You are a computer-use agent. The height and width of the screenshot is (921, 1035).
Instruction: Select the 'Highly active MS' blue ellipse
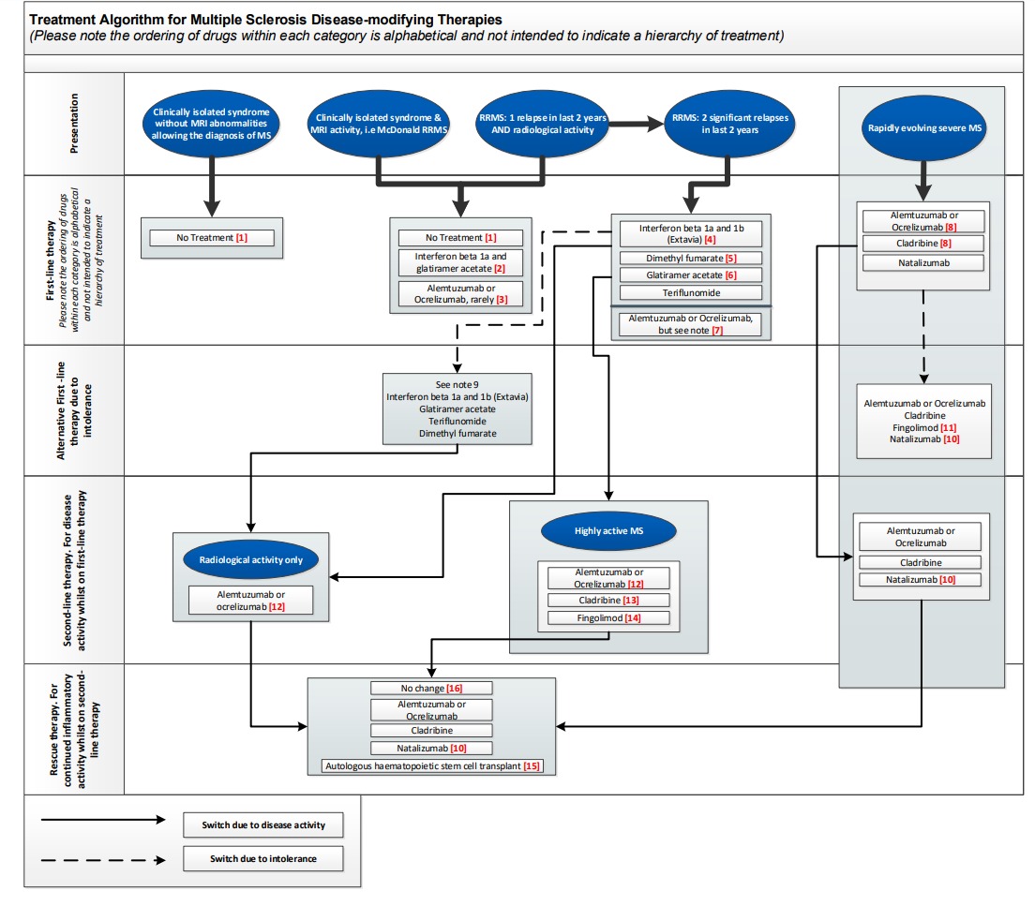pyautogui.click(x=608, y=531)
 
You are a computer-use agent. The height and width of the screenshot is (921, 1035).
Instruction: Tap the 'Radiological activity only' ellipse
pyautogui.click(x=250, y=559)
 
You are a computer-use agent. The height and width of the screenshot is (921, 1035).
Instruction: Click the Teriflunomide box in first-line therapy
pyautogui.click(x=690, y=292)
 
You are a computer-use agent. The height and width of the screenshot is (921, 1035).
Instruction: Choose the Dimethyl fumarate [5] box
pyautogui.click(x=690, y=258)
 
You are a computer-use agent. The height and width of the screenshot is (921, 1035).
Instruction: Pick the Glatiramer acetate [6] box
pyautogui.click(x=690, y=275)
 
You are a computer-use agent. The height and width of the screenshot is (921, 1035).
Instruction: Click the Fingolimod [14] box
pyautogui.click(x=608, y=617)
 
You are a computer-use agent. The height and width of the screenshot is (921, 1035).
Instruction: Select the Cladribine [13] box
pyautogui.click(x=608, y=600)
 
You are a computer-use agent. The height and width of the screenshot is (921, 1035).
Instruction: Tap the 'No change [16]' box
pyautogui.click(x=431, y=688)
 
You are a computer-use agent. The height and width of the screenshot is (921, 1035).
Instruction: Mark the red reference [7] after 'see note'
pyautogui.click(x=743, y=330)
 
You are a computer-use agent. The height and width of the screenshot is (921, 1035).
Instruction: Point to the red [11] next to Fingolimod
pyautogui.click(x=947, y=427)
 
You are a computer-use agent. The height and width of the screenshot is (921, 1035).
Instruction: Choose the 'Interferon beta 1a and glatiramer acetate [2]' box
pyautogui.click(x=460, y=262)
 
